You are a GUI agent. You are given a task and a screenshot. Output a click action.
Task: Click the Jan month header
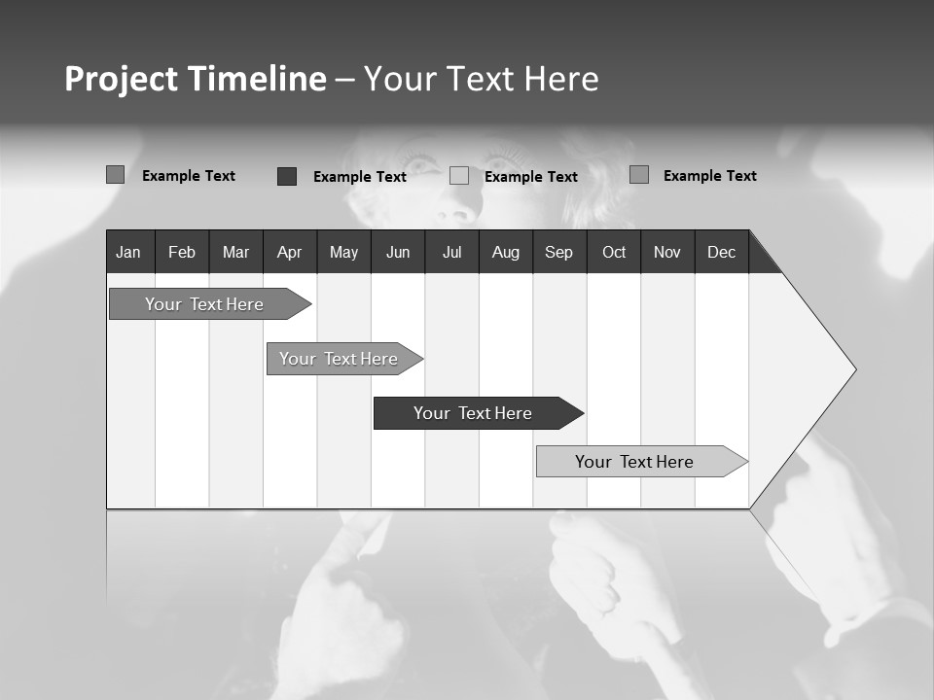pyautogui.click(x=128, y=252)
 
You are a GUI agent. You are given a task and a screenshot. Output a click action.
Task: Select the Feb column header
pyautogui.click(x=182, y=252)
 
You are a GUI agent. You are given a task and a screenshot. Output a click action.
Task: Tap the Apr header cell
pyautogui.click(x=289, y=252)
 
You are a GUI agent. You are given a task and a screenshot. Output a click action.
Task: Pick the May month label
pyautogui.click(x=343, y=252)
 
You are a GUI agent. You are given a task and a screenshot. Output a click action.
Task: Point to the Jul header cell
pyautogui.click(x=451, y=252)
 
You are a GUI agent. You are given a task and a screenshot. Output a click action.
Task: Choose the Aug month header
pyautogui.click(x=505, y=252)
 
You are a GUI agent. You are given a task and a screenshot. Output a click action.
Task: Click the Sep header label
pyautogui.click(x=558, y=252)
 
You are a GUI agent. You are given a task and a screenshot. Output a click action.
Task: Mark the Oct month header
pyautogui.click(x=614, y=252)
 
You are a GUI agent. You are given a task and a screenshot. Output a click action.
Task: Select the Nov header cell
pyautogui.click(x=667, y=252)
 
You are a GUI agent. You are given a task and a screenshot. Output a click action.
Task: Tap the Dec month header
pyautogui.click(x=721, y=252)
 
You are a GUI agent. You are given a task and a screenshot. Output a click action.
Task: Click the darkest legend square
pyautogui.click(x=287, y=176)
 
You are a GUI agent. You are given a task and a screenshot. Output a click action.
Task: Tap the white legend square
pyautogui.click(x=459, y=176)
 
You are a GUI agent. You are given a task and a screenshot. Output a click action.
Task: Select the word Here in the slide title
pyautogui.click(x=561, y=79)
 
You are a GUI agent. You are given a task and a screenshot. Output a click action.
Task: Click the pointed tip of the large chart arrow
pyautogui.click(x=853, y=369)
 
